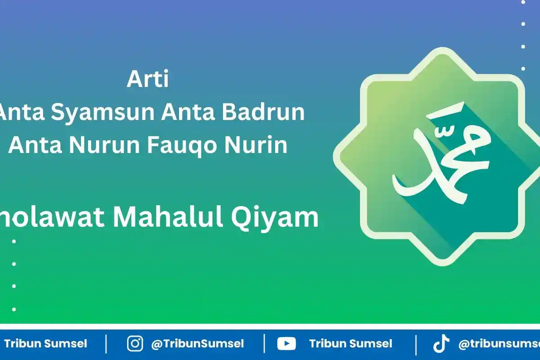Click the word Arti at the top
(x=148, y=80)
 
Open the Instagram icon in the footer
(x=135, y=344)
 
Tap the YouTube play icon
(x=286, y=344)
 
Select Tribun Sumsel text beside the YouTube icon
(x=350, y=344)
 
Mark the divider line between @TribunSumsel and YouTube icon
(x=264, y=344)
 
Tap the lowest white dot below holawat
(x=14, y=309)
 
